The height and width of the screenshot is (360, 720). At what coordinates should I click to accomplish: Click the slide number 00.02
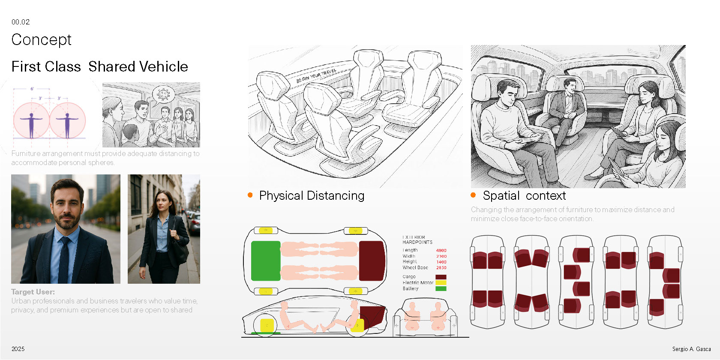[x=21, y=22]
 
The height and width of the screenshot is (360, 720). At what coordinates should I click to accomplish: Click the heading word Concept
[x=41, y=40]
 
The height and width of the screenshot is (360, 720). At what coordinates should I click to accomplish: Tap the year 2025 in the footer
[x=18, y=349]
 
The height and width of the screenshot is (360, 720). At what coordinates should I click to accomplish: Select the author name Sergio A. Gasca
[x=691, y=349]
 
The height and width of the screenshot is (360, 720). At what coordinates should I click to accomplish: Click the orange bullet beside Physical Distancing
[x=250, y=195]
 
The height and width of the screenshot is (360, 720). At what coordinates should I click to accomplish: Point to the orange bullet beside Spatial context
[x=473, y=195]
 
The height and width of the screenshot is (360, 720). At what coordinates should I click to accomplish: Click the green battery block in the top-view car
[x=265, y=261]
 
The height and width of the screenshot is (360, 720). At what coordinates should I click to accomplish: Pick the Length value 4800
[x=441, y=250]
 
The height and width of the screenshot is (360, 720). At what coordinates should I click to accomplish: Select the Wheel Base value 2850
[x=441, y=268]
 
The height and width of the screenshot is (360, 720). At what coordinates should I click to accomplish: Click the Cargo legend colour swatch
[x=441, y=277]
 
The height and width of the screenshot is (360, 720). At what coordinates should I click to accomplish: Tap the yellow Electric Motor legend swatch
[x=441, y=283]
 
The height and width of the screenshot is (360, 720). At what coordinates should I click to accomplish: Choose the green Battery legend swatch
[x=441, y=289]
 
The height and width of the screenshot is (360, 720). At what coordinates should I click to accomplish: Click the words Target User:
[x=33, y=292]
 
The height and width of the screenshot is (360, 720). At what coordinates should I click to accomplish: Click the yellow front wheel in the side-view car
[x=267, y=325]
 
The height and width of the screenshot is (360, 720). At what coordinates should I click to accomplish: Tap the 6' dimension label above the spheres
[x=32, y=89]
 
